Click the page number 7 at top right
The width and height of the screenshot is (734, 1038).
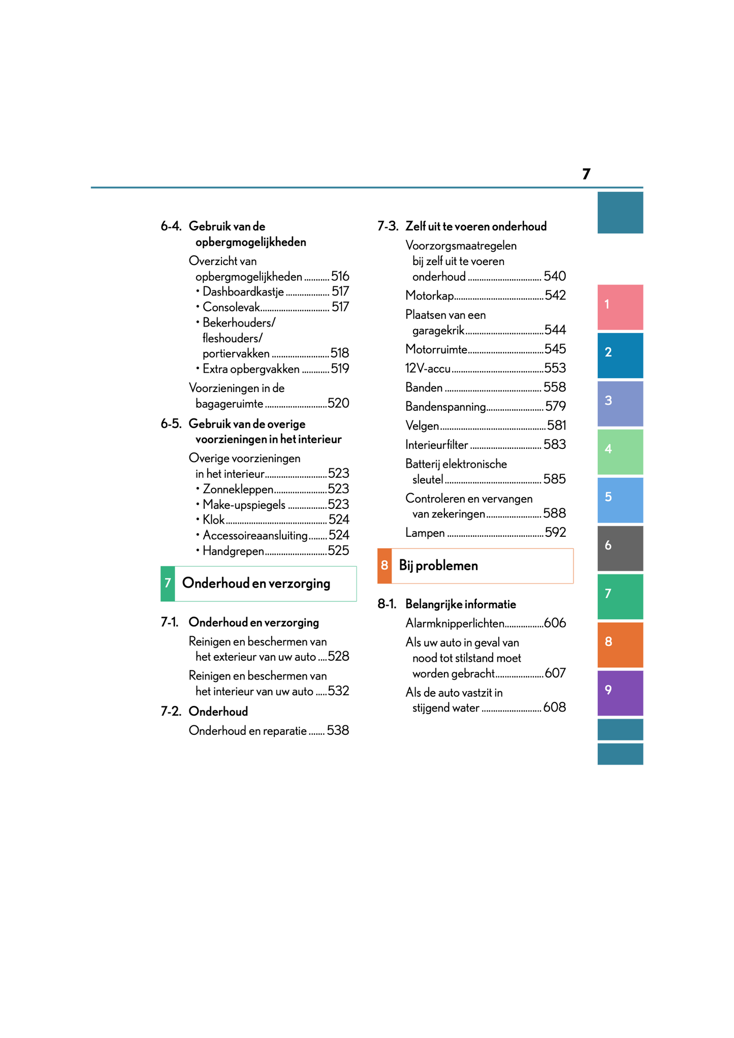pyautogui.click(x=586, y=174)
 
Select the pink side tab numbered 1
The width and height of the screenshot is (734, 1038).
pyautogui.click(x=620, y=307)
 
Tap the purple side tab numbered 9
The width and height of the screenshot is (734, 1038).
pyautogui.click(x=620, y=693)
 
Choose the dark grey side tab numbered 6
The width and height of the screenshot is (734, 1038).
pyautogui.click(x=620, y=548)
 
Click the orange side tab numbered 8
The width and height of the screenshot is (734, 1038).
pyautogui.click(x=620, y=644)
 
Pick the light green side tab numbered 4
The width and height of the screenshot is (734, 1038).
pyautogui.click(x=620, y=451)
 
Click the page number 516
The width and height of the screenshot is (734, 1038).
pyautogui.click(x=340, y=276)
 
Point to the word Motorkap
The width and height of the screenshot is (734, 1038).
pyautogui.click(x=429, y=296)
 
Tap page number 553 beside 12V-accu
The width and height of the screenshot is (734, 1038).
pyautogui.click(x=555, y=368)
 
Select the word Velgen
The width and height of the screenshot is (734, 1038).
pyautogui.click(x=422, y=426)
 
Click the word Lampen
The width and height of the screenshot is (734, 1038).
pyautogui.click(x=425, y=533)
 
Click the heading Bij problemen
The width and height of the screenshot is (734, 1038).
pyautogui.click(x=438, y=566)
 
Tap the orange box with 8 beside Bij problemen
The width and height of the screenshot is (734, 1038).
pyautogui.click(x=385, y=566)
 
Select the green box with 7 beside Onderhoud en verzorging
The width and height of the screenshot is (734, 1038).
pyautogui.click(x=168, y=583)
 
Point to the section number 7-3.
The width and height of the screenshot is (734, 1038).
pyautogui.click(x=388, y=226)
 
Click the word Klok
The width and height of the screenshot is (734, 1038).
pyautogui.click(x=213, y=520)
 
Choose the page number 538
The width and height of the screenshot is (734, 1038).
pyautogui.click(x=338, y=731)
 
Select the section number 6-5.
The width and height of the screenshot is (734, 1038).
pyautogui.click(x=171, y=424)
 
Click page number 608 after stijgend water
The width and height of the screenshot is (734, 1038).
pyautogui.click(x=554, y=707)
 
